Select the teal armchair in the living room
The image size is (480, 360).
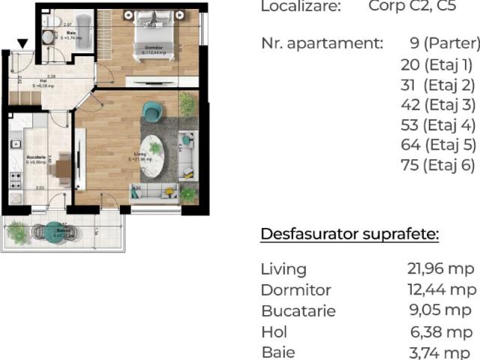[x=153, y=111]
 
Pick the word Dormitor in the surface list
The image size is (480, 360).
[x=295, y=289]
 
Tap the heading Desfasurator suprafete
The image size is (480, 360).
[x=349, y=234]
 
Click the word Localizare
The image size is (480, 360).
[x=300, y=7]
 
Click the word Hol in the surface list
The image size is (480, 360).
[x=274, y=331]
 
